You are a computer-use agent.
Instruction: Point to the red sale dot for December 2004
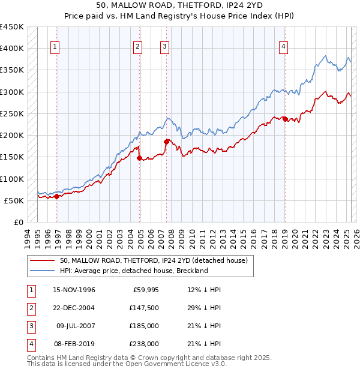coord(140,158)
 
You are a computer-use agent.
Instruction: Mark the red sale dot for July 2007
coord(166,142)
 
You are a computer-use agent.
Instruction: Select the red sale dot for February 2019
coord(285,119)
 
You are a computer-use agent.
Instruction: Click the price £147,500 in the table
coord(145,308)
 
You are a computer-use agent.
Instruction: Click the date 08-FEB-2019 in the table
coord(74,344)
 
